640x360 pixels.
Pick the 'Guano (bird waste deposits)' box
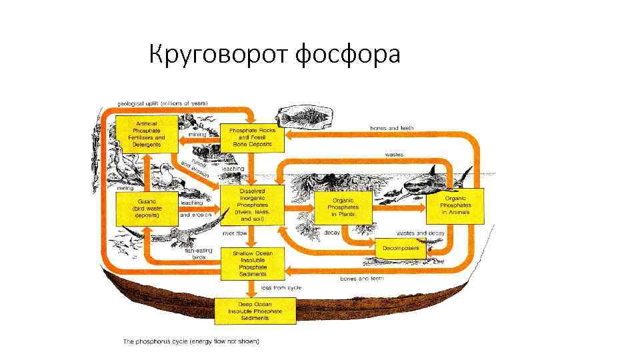147,205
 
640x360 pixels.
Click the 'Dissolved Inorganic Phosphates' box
253,205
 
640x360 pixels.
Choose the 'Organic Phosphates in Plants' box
343,207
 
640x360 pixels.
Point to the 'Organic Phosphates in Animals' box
455,205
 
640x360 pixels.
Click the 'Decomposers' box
401,248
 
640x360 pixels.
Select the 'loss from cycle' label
281,288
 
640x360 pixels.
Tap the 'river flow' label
234,233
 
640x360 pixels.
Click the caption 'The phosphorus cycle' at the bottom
191,341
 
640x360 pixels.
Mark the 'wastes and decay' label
420,233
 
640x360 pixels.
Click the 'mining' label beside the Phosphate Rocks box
197,135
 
